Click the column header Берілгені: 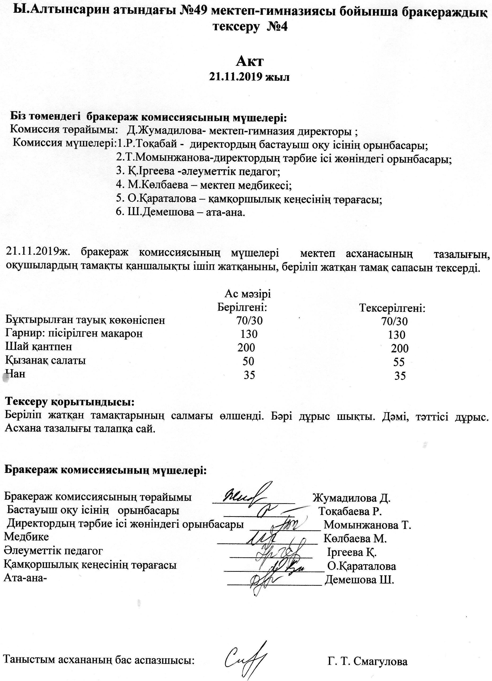[x=242, y=307]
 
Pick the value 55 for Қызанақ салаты [x=399, y=362]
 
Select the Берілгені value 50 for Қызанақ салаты [x=248, y=361]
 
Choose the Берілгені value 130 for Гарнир [x=249, y=334]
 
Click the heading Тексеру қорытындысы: [x=70, y=402]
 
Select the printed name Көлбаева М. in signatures [x=355, y=539]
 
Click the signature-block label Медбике [x=26, y=537]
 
